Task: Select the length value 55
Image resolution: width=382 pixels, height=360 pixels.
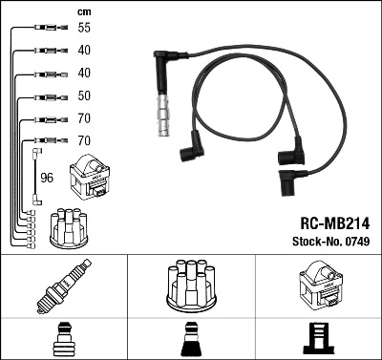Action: click(x=85, y=29)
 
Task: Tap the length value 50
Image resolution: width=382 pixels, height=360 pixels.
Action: click(x=85, y=96)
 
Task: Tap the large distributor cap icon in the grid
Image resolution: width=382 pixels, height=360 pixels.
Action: click(x=190, y=285)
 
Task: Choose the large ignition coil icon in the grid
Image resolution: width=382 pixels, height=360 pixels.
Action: click(x=318, y=286)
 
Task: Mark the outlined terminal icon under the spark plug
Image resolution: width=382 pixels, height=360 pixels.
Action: click(x=63, y=339)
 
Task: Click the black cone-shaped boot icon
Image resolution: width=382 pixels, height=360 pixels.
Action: click(x=190, y=339)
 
